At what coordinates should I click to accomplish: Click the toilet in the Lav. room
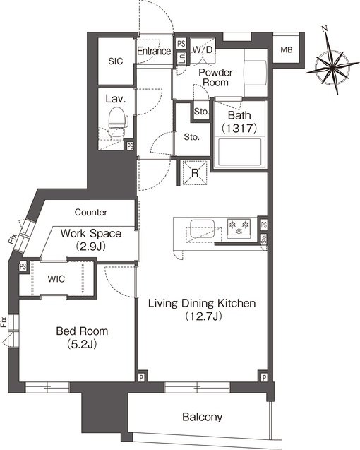(118, 121)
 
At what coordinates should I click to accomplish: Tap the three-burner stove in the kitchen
(239, 228)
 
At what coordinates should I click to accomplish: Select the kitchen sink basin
(202, 229)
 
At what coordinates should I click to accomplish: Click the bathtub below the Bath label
(240, 152)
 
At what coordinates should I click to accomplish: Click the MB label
(287, 50)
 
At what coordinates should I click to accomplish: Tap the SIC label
(116, 61)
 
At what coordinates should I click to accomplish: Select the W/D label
(203, 49)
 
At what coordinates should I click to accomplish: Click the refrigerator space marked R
(195, 173)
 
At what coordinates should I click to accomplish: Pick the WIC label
(56, 278)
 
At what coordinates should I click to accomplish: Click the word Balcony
(202, 417)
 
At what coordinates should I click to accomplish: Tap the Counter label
(90, 212)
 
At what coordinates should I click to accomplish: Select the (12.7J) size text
(203, 316)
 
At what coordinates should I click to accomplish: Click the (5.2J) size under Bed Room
(82, 344)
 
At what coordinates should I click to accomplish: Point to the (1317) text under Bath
(239, 128)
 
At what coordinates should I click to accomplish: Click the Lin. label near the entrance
(182, 59)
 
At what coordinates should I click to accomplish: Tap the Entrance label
(154, 51)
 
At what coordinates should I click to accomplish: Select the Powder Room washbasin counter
(256, 73)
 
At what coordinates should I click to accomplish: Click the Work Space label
(90, 233)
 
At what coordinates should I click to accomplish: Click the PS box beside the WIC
(23, 266)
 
